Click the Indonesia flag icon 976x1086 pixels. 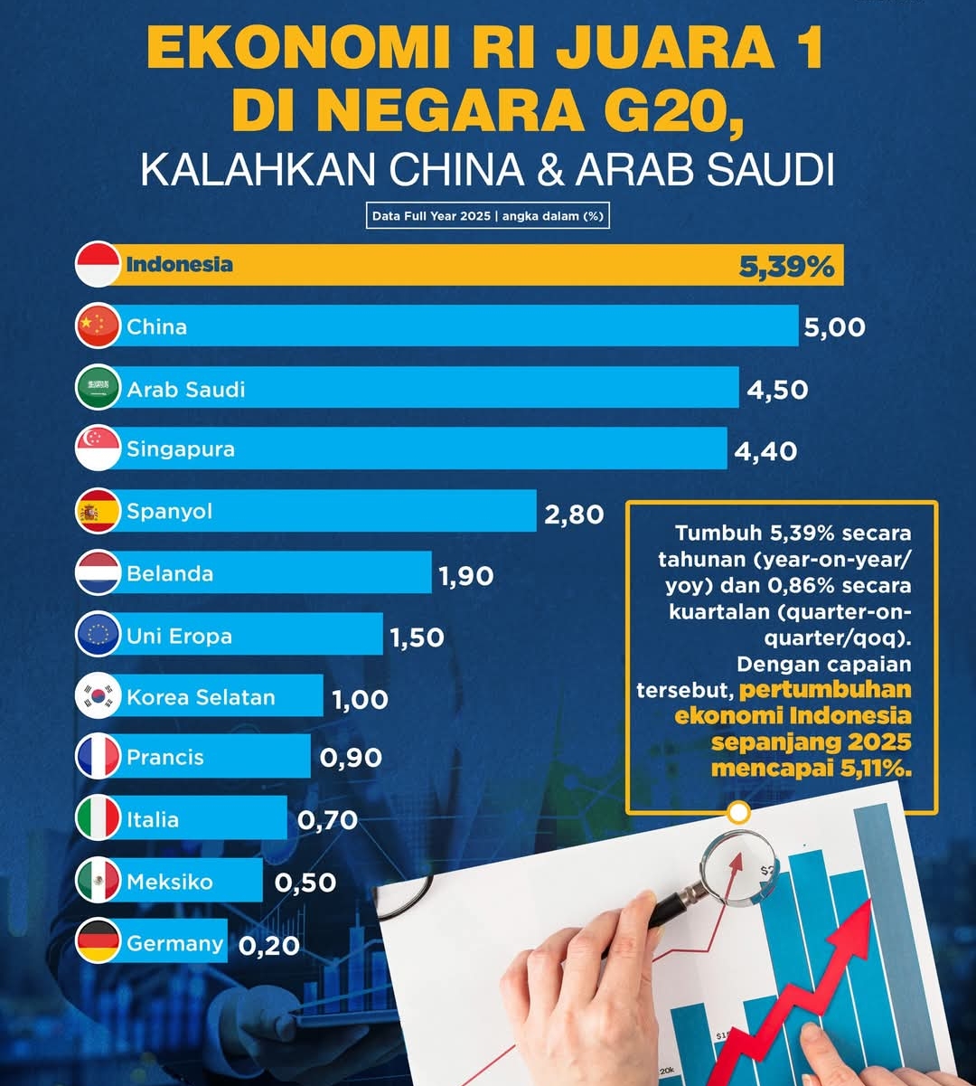pos(98,265)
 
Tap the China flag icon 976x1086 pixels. pos(98,326)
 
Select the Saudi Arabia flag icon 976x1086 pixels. pos(98,388)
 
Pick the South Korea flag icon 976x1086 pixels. pos(98,696)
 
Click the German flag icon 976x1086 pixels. pos(98,942)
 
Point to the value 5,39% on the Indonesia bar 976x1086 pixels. pos(786,266)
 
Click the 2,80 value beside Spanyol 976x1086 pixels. pos(574,515)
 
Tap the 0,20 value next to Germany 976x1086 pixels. pos(269,946)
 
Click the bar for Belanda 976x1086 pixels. pos(316,573)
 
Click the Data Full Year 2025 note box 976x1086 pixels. pos(488,216)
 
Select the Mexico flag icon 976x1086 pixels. pos(98,881)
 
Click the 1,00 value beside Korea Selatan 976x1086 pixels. pos(360,700)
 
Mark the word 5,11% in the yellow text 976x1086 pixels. pos(875,769)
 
